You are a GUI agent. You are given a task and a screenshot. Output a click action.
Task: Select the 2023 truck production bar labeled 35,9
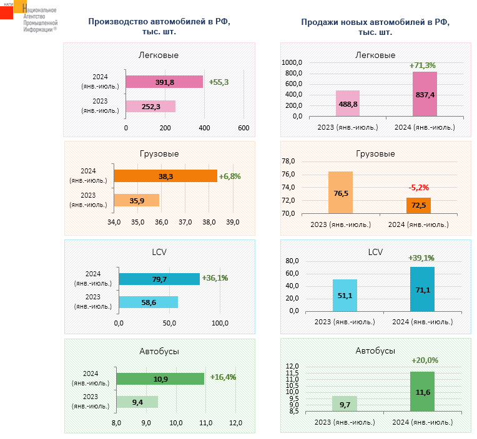136,200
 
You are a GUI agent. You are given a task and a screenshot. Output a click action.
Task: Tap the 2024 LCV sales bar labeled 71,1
422,289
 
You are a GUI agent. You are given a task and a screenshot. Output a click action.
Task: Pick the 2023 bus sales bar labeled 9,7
345,404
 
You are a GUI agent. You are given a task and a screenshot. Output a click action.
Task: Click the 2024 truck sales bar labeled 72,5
418,205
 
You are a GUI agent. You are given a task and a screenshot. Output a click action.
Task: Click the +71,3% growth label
422,65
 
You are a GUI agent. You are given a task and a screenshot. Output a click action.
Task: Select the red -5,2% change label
419,187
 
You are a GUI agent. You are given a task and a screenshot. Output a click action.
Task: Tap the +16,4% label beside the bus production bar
223,377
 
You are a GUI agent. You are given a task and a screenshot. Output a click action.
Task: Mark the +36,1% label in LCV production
214,278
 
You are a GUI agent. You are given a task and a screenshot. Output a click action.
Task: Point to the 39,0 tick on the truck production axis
233,222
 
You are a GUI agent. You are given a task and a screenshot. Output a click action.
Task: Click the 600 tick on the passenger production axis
243,128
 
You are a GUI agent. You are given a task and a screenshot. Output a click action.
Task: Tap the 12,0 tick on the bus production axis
235,423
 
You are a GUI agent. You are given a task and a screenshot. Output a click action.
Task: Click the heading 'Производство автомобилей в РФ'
159,22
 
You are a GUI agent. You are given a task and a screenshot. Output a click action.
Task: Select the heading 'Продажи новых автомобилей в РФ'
375,22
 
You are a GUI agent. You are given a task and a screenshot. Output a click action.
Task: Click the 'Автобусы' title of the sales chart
375,351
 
